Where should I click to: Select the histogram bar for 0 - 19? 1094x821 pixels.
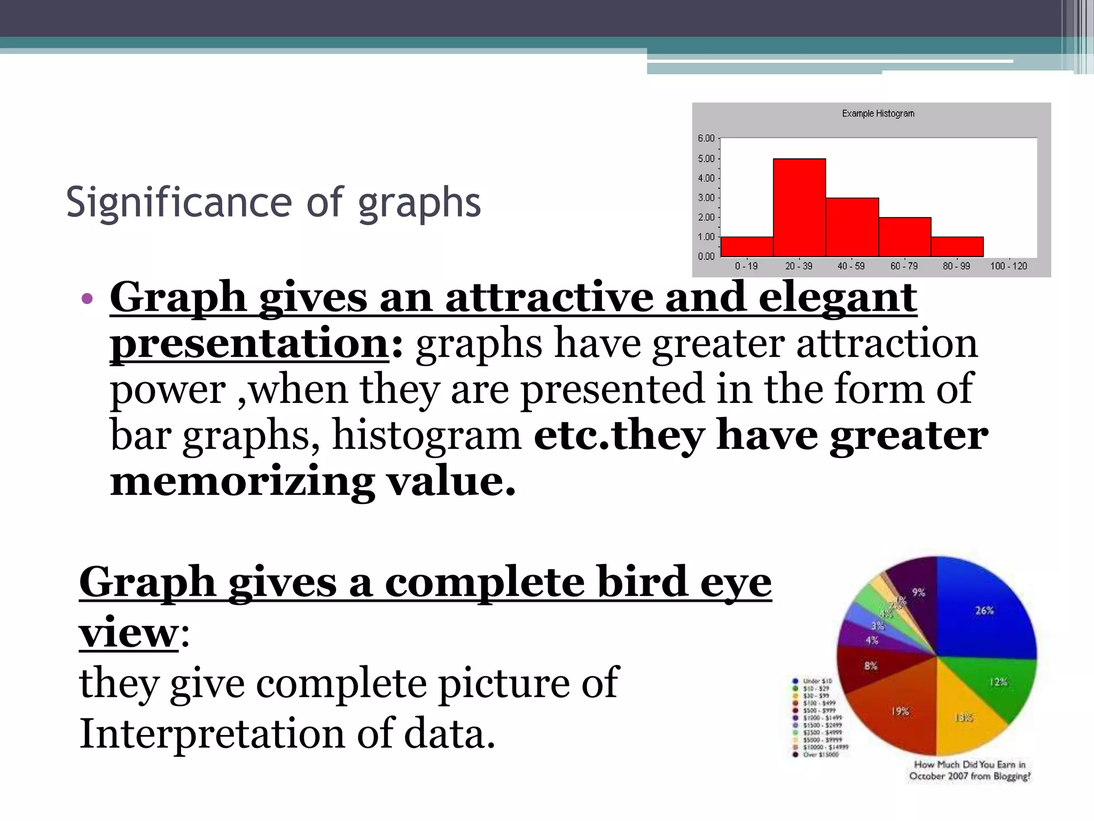tap(747, 246)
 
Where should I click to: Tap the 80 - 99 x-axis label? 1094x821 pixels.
tap(956, 266)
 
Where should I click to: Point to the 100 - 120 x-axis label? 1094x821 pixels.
tap(1009, 266)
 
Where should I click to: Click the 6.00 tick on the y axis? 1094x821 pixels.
tap(706, 138)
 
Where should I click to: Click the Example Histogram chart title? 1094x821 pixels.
tap(878, 113)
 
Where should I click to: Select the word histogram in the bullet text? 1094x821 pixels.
tap(427, 435)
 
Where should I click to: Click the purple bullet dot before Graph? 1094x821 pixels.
tap(88, 298)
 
